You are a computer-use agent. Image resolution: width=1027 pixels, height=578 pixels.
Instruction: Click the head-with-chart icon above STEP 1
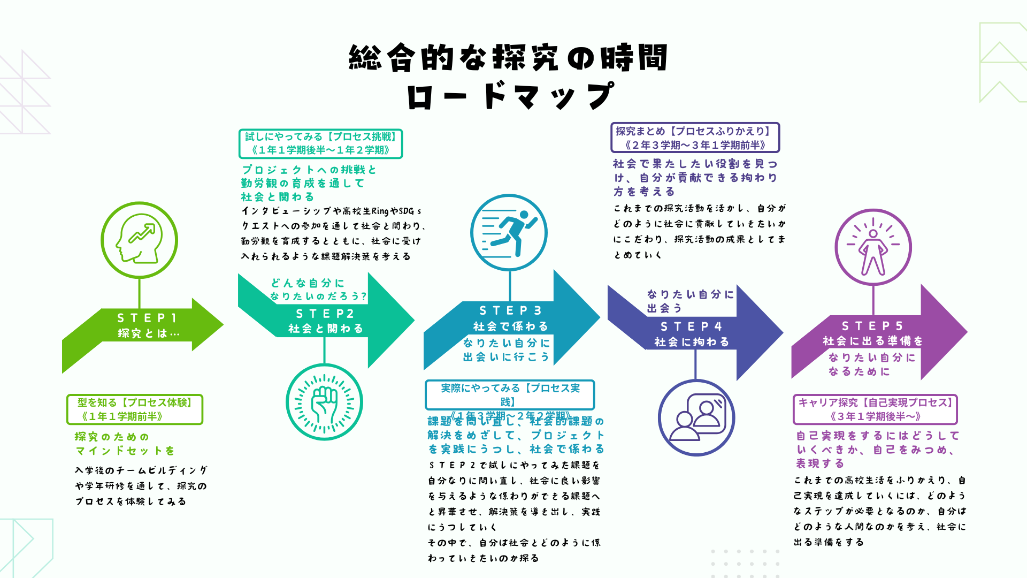tap(139, 240)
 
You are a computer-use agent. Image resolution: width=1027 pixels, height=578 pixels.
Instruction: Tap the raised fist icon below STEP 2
tap(324, 402)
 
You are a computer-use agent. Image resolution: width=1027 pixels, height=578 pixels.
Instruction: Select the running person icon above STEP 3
tap(509, 233)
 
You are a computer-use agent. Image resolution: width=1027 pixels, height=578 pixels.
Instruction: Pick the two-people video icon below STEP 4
tap(696, 417)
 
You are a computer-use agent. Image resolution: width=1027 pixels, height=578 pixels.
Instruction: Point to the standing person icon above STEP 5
tap(873, 247)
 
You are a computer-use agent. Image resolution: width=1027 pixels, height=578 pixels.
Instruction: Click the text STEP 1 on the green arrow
tap(147, 318)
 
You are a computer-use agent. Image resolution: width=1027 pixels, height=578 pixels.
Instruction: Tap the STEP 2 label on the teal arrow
tap(325, 314)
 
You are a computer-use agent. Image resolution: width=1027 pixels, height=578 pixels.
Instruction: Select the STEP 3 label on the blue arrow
tap(511, 310)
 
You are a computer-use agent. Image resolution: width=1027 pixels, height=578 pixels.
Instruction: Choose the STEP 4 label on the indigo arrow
tap(692, 326)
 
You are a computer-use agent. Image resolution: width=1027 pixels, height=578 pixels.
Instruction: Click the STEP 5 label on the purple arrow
tap(872, 326)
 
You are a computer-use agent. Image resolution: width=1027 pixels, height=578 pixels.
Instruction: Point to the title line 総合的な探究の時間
tap(508, 58)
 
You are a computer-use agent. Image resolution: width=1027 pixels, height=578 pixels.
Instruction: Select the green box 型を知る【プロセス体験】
tap(135, 409)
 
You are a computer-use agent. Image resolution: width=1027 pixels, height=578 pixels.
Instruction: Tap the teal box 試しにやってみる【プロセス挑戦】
tap(320, 143)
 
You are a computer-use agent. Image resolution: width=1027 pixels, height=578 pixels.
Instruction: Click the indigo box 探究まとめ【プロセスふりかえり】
tap(695, 138)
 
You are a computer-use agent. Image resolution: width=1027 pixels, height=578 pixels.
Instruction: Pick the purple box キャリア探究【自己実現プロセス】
tap(875, 409)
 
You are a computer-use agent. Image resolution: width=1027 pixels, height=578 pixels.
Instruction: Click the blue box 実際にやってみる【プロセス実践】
tap(510, 394)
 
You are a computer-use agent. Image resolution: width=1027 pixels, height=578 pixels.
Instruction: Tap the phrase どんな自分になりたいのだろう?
tap(318, 290)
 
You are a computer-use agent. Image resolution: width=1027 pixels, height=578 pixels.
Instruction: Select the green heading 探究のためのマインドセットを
tap(125, 444)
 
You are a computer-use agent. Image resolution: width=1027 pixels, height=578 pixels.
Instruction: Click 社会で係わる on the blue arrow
tap(511, 326)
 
